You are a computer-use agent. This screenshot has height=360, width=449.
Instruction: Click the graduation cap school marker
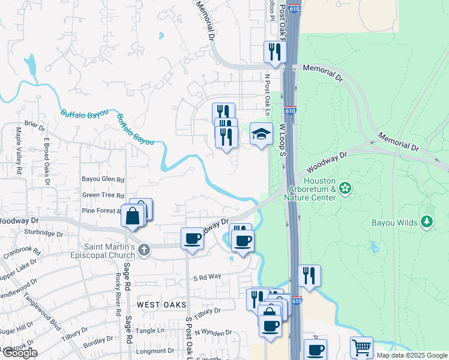[261, 134]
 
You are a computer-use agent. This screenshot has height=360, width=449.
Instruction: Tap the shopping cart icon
[361, 347]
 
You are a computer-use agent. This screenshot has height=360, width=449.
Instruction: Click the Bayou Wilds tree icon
[427, 223]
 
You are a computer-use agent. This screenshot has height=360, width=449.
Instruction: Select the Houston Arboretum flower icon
[345, 188]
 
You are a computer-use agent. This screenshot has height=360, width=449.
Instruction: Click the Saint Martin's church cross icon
[143, 250]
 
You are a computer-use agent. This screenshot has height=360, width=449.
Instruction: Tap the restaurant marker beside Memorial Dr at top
[275, 52]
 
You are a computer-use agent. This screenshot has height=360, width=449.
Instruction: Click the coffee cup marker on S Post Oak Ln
[193, 238]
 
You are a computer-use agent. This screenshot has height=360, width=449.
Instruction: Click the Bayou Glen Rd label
[103, 179]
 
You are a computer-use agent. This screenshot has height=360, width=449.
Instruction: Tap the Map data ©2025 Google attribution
[411, 355]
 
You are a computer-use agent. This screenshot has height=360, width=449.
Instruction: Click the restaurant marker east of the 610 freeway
[309, 276]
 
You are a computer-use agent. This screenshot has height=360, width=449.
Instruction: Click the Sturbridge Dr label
[43, 233]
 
